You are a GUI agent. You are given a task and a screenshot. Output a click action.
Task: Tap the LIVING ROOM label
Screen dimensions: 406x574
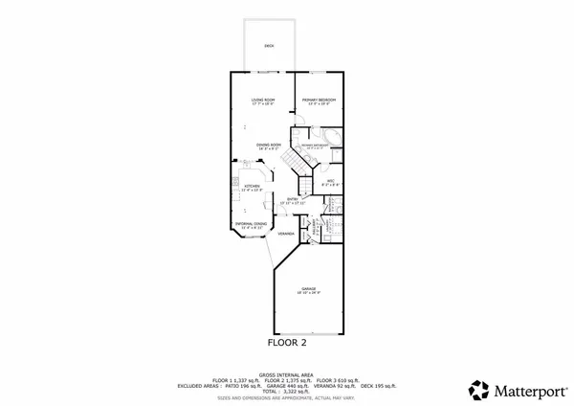[x=263, y=100]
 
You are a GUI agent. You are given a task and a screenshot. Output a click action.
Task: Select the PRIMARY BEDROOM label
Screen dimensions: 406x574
[x=319, y=100]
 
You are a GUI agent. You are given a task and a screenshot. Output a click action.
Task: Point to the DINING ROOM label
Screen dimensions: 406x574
[x=267, y=145]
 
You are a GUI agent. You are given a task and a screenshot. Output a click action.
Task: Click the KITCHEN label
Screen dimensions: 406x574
[x=252, y=187]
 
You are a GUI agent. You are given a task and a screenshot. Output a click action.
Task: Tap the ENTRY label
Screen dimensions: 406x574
[x=293, y=199]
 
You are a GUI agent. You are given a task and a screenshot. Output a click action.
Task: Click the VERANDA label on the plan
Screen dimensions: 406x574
[x=285, y=234]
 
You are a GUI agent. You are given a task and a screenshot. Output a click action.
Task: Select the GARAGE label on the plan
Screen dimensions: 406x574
[x=308, y=287]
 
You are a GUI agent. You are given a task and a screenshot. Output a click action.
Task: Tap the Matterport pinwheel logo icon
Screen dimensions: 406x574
[x=478, y=390]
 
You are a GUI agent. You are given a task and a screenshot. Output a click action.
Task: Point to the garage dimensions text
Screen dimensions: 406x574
[x=308, y=292]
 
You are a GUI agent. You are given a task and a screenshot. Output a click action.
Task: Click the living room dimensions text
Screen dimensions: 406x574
[x=263, y=104]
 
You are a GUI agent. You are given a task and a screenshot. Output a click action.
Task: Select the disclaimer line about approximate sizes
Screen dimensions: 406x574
[x=287, y=397]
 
